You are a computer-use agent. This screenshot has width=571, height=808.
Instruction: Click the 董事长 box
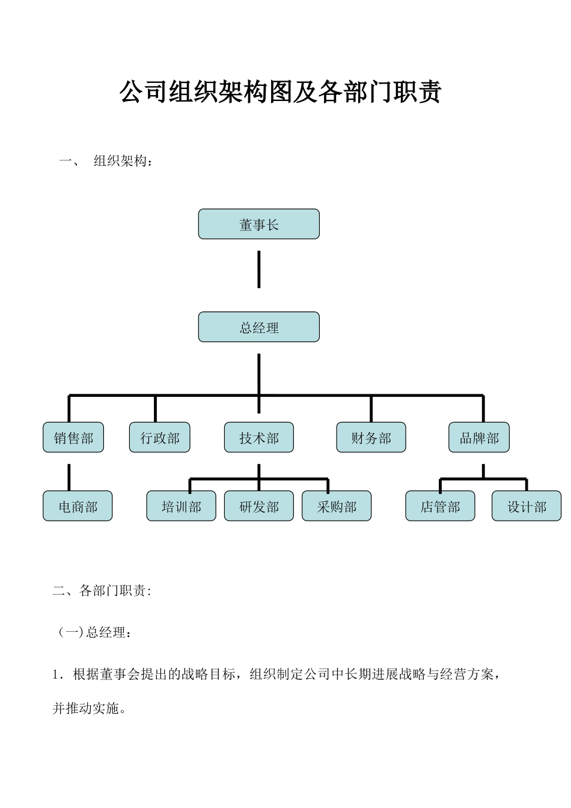(x=258, y=224)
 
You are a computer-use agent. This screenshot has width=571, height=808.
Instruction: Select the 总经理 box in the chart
(x=258, y=327)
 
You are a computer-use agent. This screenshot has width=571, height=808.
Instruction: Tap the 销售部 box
(x=73, y=438)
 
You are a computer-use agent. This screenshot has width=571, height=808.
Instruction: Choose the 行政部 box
(x=160, y=438)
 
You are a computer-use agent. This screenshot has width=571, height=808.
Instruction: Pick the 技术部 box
(x=258, y=438)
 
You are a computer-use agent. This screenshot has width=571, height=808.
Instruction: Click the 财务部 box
(x=371, y=438)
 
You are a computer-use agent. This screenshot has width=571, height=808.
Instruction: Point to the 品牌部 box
(x=479, y=438)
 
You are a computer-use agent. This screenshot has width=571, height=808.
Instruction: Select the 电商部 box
(x=78, y=506)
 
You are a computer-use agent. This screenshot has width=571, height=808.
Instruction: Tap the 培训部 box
(x=181, y=506)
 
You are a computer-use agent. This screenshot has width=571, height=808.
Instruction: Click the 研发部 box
(x=258, y=506)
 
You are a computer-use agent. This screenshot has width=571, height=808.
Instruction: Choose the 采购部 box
(x=337, y=506)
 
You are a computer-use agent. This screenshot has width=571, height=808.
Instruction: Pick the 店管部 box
(x=440, y=506)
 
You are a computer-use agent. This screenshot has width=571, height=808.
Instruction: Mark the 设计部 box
(x=527, y=506)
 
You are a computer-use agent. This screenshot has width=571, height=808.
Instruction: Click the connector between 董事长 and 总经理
(x=258, y=269)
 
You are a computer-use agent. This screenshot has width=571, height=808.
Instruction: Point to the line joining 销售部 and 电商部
(x=69, y=477)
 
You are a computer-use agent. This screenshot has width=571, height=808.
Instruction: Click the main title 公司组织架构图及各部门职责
(x=281, y=92)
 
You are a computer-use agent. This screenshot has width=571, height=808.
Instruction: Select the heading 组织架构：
(x=123, y=161)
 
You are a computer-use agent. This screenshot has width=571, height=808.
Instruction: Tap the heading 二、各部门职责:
(x=102, y=590)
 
